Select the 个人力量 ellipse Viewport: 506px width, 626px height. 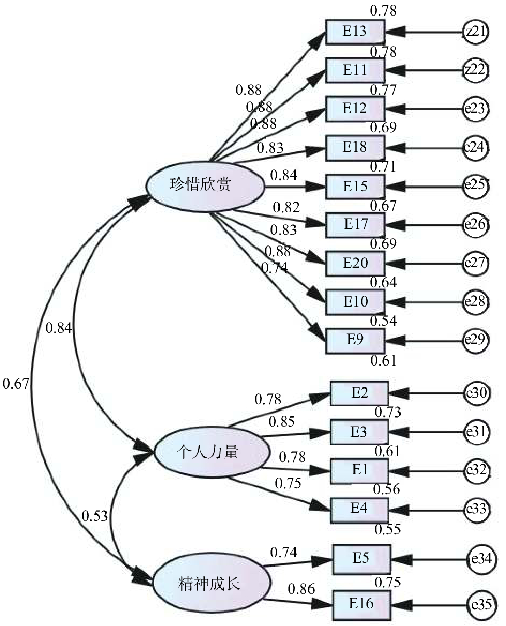click(210, 453)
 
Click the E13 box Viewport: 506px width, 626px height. click(356, 32)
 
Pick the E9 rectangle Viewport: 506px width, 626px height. click(356, 339)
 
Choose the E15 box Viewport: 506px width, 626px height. click(356, 186)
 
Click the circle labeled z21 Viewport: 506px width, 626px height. click(475, 32)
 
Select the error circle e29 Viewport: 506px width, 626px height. click(475, 339)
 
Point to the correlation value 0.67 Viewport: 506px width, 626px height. click(16, 384)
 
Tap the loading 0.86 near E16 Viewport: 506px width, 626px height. click(301, 589)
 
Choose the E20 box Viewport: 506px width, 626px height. click(356, 263)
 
